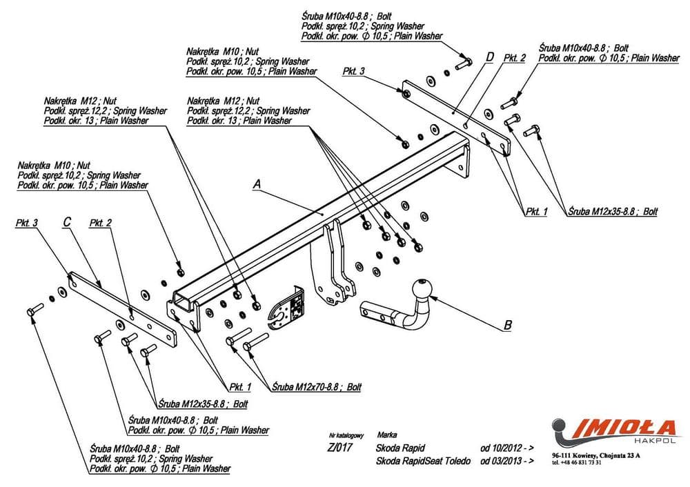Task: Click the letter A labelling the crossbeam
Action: pyautogui.click(x=257, y=184)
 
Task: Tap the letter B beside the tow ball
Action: pyautogui.click(x=509, y=324)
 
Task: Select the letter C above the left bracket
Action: pyautogui.click(x=67, y=222)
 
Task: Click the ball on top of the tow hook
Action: pyautogui.click(x=421, y=289)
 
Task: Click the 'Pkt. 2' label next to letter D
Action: pyautogui.click(x=514, y=59)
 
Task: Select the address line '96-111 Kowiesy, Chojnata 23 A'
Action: pyautogui.click(x=596, y=455)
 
